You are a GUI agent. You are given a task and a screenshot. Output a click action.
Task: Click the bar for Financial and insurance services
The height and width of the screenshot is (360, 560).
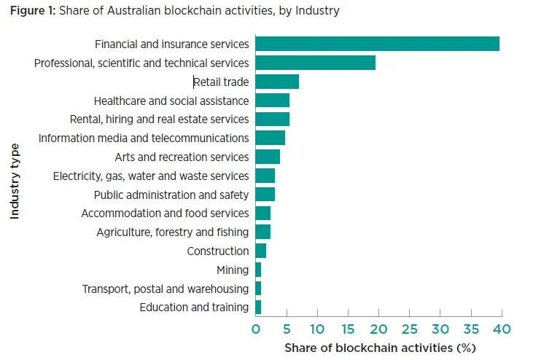pyautogui.click(x=377, y=44)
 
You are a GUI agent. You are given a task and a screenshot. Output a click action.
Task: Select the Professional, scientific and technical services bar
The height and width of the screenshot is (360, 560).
pyautogui.click(x=315, y=63)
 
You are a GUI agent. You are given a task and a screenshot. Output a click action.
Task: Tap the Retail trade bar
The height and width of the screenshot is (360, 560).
pyautogui.click(x=277, y=82)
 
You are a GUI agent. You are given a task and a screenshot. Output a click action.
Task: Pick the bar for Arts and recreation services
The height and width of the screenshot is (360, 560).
pyautogui.click(x=268, y=157)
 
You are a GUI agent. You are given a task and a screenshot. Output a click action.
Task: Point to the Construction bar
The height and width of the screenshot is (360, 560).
pyautogui.click(x=260, y=251)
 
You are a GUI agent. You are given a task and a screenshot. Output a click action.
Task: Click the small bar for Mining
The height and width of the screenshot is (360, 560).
pyautogui.click(x=258, y=270)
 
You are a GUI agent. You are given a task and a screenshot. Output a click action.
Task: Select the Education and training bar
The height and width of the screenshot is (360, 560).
pyautogui.click(x=258, y=308)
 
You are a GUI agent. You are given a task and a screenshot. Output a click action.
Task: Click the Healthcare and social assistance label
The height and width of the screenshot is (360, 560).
pyautogui.click(x=171, y=101)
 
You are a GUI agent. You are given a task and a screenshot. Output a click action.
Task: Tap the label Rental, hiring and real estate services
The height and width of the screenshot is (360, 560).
pyautogui.click(x=159, y=119)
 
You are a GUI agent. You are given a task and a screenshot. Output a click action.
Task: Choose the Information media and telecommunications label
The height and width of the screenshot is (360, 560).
pyautogui.click(x=144, y=138)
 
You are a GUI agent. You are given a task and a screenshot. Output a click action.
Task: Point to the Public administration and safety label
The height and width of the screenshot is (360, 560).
pyautogui.click(x=171, y=195)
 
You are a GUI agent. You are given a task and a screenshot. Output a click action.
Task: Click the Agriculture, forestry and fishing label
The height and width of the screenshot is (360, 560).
pyautogui.click(x=173, y=232)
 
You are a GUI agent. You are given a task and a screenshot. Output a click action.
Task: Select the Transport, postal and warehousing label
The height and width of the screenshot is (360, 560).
pyautogui.click(x=166, y=289)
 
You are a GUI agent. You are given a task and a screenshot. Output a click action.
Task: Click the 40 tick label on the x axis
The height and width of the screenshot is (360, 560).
pyautogui.click(x=502, y=329)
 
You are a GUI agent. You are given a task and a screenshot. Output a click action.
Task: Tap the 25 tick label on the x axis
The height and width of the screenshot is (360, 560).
pyautogui.click(x=409, y=329)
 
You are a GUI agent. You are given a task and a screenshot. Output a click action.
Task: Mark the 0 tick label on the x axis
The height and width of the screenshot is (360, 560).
pyautogui.click(x=255, y=329)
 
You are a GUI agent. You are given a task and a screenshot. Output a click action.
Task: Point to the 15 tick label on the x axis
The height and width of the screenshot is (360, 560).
pyautogui.click(x=348, y=329)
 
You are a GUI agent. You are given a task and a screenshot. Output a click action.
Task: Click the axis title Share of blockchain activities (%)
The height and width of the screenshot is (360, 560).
pyautogui.click(x=379, y=348)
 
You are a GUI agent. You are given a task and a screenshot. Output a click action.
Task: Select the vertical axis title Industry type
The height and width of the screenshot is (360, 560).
pyautogui.click(x=15, y=181)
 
